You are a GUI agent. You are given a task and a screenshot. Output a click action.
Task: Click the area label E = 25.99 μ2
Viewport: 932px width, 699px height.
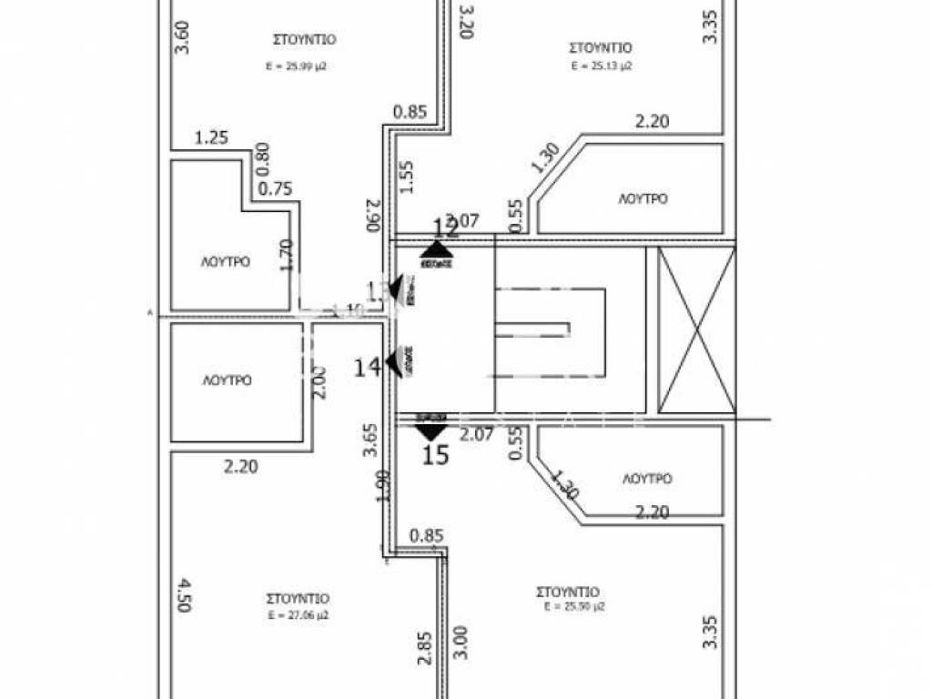[297, 66]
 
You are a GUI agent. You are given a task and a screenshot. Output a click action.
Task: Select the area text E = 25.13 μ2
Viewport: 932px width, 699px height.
[602, 66]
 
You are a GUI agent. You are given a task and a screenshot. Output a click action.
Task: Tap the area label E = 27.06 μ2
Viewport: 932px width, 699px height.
[298, 615]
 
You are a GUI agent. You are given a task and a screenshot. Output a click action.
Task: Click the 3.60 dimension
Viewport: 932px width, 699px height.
[181, 35]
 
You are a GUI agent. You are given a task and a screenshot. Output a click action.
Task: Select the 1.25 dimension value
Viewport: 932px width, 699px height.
[211, 138]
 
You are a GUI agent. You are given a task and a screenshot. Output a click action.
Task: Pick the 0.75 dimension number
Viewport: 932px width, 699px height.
[275, 189]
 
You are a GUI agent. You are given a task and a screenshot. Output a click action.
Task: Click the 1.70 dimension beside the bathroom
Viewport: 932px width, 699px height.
[287, 255]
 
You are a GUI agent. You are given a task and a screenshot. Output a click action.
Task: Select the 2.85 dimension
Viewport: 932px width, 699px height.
[424, 648]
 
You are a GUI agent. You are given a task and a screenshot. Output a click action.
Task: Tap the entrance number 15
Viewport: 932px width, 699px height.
[437, 455]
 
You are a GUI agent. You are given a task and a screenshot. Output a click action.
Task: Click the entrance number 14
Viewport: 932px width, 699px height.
[368, 368]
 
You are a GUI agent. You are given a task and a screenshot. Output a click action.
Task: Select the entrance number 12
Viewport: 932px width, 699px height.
[443, 228]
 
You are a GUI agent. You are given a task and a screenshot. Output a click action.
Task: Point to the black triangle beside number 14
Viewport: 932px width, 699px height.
[393, 363]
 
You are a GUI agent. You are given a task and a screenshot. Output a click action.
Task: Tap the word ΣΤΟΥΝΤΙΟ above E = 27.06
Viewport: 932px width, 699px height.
[298, 599]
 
